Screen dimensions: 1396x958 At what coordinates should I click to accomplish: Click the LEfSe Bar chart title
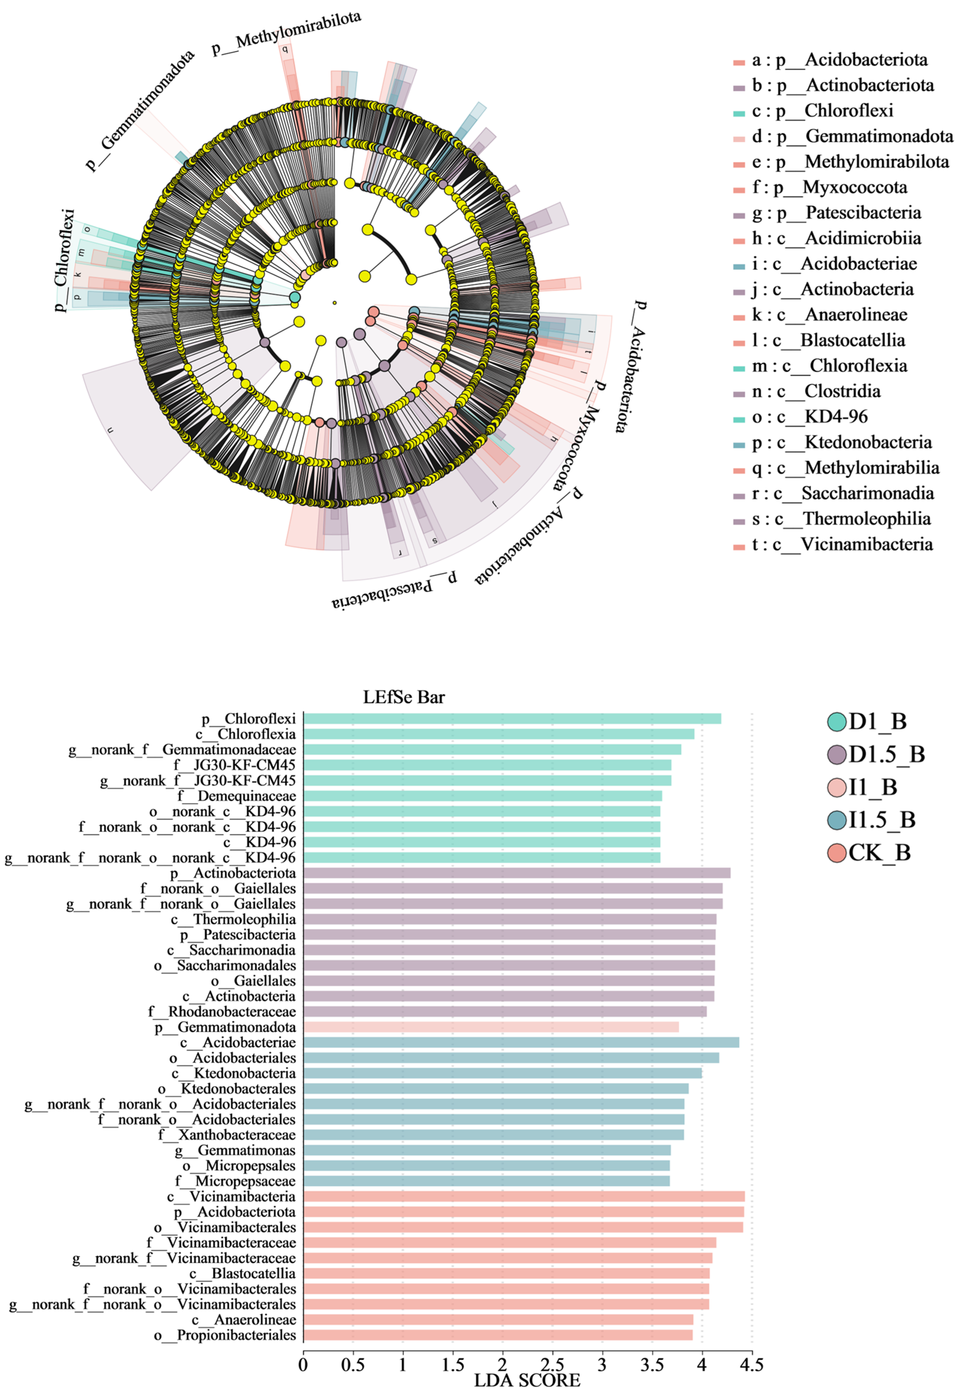click(404, 697)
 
